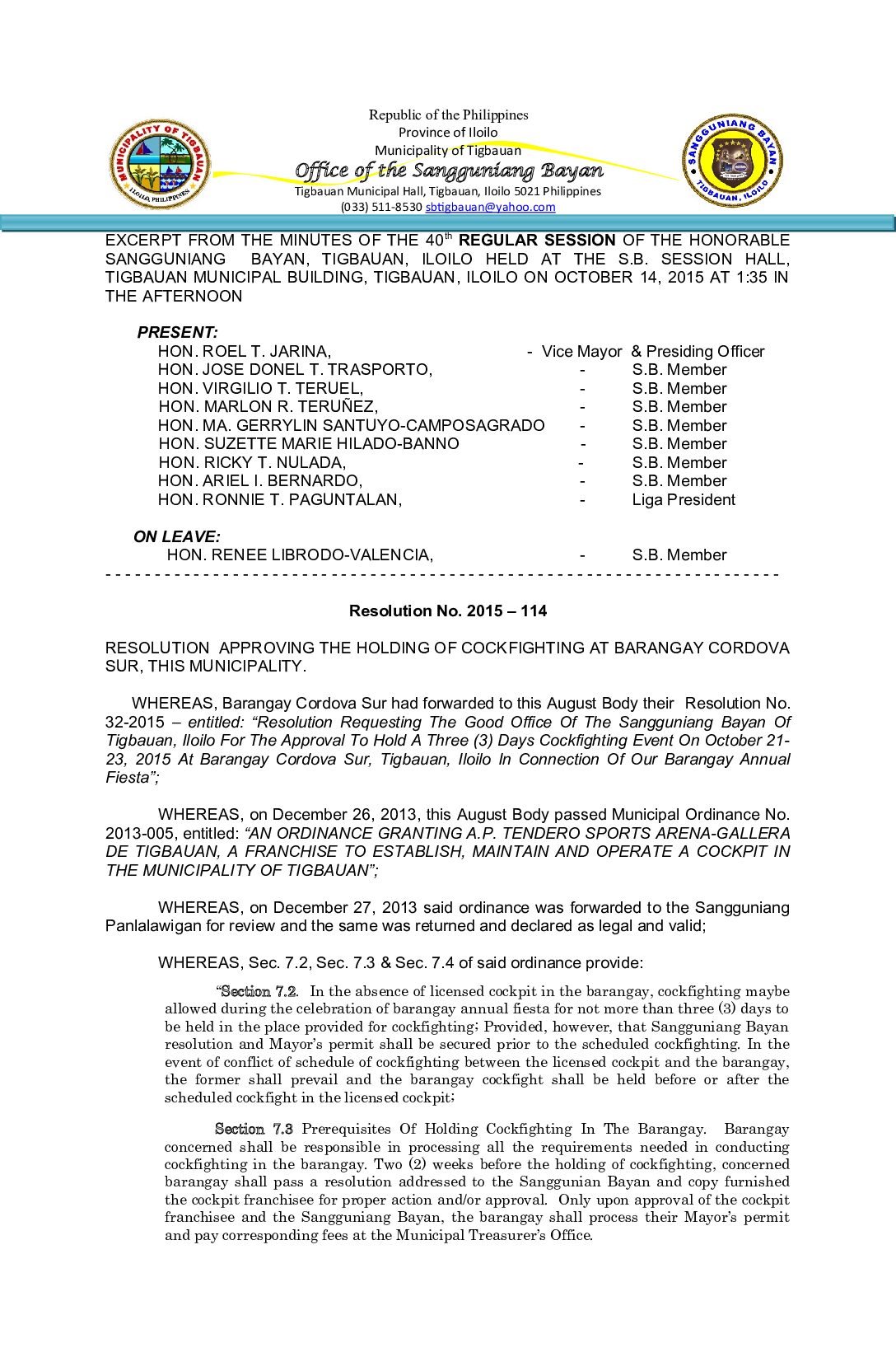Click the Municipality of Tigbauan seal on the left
160,164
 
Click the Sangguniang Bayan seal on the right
732,161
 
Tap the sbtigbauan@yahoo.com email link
490,208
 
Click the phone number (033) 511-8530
381,208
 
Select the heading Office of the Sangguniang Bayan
449,171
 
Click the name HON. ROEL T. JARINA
245,352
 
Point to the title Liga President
684,500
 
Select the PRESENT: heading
178,333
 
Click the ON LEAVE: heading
177,537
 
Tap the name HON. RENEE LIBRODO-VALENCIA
300,555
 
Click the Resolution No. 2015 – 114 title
448,611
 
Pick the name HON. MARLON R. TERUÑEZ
268,407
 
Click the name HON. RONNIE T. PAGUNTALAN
280,500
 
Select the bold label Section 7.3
254,1130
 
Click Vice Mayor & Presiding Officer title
652,352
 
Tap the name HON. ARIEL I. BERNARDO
260,481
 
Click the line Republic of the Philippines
448,115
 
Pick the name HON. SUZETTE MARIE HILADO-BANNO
309,444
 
